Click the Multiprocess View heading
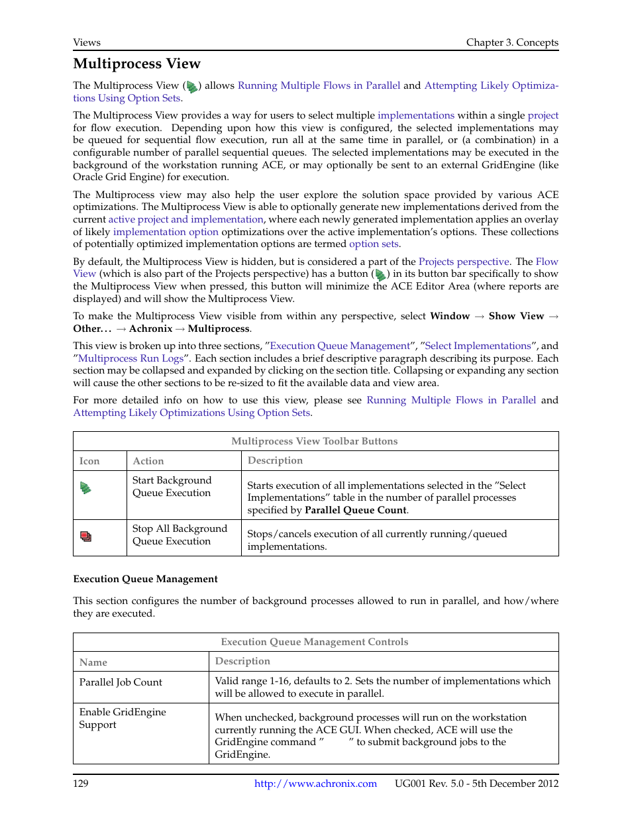(136, 64)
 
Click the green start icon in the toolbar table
(85, 488)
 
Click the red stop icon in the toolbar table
(85, 537)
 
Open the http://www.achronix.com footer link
(315, 784)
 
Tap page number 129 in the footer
(81, 784)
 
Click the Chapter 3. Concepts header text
(511, 42)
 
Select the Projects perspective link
(464, 262)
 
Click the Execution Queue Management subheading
(145, 579)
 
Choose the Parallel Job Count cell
(121, 682)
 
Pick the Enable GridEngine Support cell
(123, 718)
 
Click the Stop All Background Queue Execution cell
(180, 535)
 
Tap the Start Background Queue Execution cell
(172, 486)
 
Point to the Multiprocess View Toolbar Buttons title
(314, 441)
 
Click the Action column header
(148, 461)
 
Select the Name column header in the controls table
(93, 662)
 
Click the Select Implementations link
(478, 346)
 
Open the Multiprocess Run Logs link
(131, 358)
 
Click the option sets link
(374, 244)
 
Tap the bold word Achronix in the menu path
(150, 329)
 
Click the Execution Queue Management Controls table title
(314, 642)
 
